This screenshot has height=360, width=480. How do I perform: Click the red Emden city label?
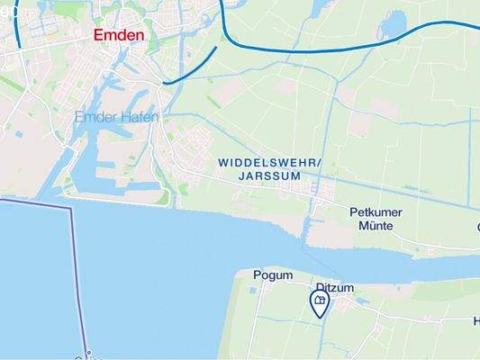click(119, 35)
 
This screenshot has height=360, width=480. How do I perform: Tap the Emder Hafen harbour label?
click(117, 117)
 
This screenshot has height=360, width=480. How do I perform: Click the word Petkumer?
click(376, 212)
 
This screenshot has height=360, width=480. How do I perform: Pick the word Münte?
click(376, 226)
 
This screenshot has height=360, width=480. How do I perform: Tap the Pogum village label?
click(274, 275)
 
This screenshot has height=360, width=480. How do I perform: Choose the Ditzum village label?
click(336, 288)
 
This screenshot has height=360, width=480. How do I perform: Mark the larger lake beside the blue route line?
click(394, 24)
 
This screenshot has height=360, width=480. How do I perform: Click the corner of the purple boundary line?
click(70, 208)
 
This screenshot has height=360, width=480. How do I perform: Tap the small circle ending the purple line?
click(88, 353)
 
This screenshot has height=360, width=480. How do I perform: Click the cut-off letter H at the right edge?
click(476, 321)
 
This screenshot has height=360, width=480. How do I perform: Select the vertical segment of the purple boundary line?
click(78, 279)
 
